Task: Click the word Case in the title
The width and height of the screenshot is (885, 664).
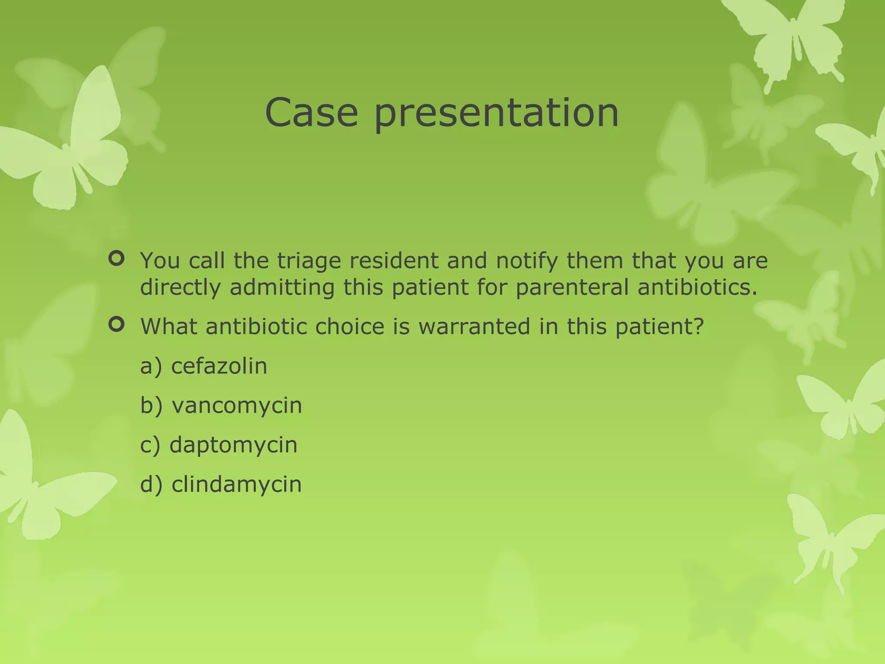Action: pyautogui.click(x=312, y=112)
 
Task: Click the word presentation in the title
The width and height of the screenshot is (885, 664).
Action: pyautogui.click(x=496, y=113)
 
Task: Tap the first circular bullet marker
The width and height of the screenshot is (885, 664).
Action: pyautogui.click(x=117, y=259)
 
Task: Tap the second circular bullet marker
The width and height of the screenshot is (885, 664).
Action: pyautogui.click(x=117, y=324)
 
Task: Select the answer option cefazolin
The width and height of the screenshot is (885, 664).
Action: pyautogui.click(x=219, y=366)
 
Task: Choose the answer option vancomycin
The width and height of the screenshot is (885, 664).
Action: pyautogui.click(x=237, y=405)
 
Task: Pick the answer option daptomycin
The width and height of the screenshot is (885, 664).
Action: pyautogui.click(x=233, y=445)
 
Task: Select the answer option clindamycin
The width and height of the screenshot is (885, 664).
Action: pyautogui.click(x=236, y=484)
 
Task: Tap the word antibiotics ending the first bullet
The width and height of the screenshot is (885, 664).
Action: pyautogui.click(x=697, y=287)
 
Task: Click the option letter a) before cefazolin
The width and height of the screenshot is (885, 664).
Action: pyautogui.click(x=151, y=367)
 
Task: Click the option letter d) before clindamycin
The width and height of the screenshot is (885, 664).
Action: pyautogui.click(x=151, y=485)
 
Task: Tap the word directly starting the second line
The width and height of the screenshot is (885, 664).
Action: pyautogui.click(x=180, y=288)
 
